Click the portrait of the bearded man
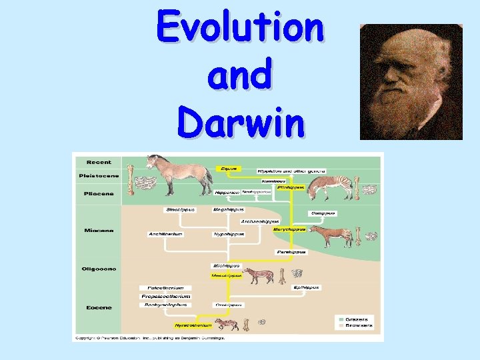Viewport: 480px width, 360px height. point(411,82)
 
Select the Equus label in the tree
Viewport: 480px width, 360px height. point(229,169)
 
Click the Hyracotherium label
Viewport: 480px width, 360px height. point(193,325)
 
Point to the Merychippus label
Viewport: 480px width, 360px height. point(289,229)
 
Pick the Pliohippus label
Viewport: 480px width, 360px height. point(291,187)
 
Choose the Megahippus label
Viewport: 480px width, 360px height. point(227,210)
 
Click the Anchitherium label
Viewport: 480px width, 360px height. point(165,234)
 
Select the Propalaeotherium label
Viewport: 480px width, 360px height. point(167,296)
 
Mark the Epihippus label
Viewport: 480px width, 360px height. point(307,287)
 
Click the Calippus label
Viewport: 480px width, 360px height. point(323,213)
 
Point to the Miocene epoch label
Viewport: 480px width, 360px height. point(98,231)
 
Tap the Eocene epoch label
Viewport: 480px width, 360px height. point(98,307)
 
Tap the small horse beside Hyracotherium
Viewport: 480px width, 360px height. point(227,325)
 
